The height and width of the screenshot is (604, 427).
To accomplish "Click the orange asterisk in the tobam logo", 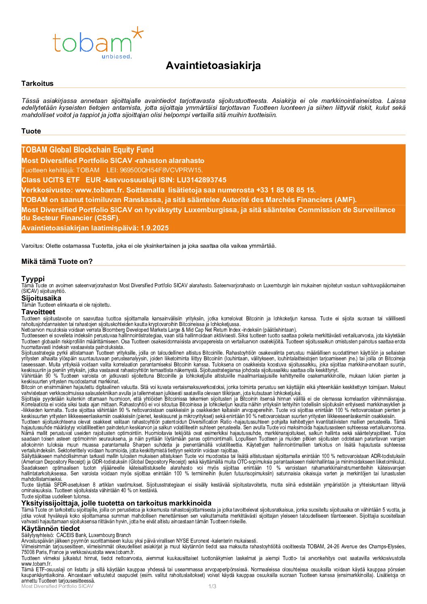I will pyautogui.click(x=137, y=33).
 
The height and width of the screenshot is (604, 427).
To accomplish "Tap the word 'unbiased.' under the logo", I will pyautogui.click(x=117, y=56).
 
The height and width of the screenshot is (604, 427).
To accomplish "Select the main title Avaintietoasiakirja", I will pyautogui.click(x=213, y=66).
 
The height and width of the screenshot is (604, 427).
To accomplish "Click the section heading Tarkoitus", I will pyautogui.click(x=37, y=84).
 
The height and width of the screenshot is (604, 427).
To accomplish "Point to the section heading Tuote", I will pyautogui.click(x=31, y=131).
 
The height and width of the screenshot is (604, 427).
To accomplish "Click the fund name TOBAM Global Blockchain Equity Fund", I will pyautogui.click(x=87, y=150).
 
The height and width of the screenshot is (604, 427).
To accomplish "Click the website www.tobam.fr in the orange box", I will pyautogui.click(x=99, y=190).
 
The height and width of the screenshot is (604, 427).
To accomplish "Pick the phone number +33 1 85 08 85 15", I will pyautogui.click(x=285, y=190).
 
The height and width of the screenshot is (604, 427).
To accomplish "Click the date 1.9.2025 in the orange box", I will pyautogui.click(x=155, y=228).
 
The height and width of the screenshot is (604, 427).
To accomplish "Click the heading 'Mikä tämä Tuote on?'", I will pyautogui.click(x=57, y=261).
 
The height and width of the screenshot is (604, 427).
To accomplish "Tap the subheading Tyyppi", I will pyautogui.click(x=33, y=279).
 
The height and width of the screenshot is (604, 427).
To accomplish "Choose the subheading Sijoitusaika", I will pyautogui.click(x=41, y=299).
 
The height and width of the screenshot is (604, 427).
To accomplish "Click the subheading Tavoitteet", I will pyautogui.click(x=38, y=312).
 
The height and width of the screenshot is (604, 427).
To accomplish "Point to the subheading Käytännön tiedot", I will pyautogui.click(x=50, y=529).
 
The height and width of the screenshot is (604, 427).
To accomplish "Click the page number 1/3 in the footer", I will pyautogui.click(x=212, y=586).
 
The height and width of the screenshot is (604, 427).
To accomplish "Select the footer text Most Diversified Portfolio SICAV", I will pyautogui.click(x=57, y=586).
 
